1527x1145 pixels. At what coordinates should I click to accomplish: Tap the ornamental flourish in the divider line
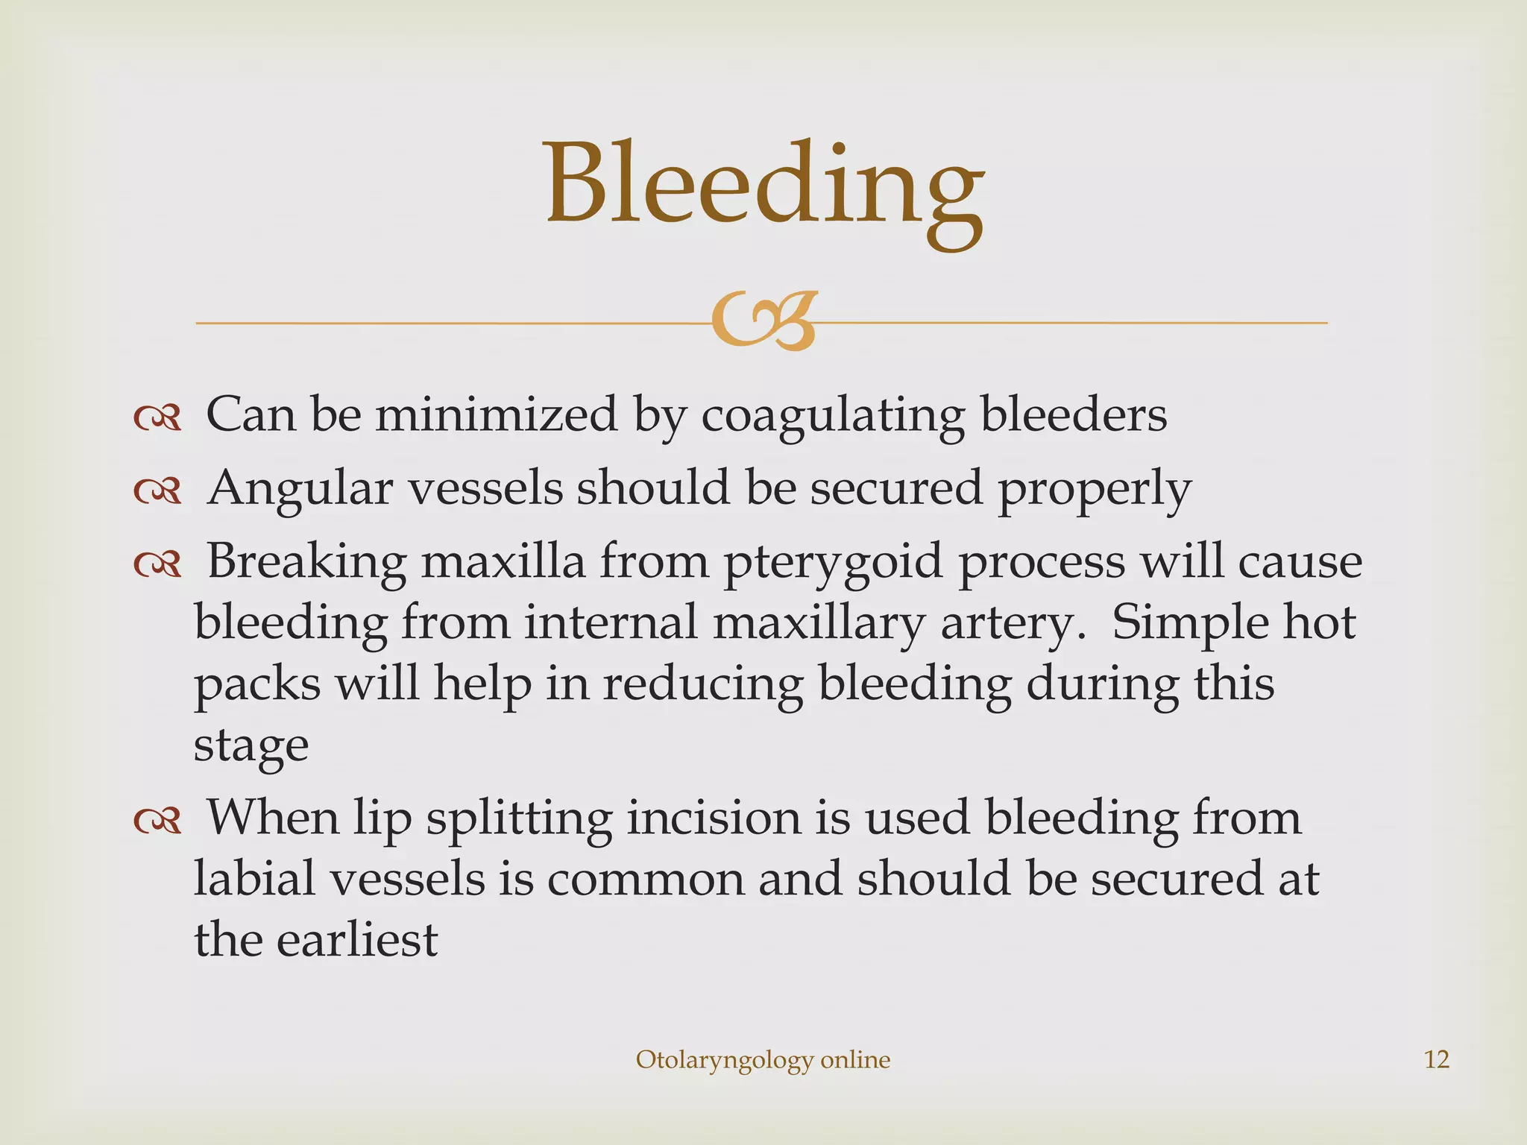point(764,321)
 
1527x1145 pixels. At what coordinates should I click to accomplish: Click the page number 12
point(1436,1059)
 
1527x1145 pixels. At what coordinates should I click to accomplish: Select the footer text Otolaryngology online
point(763,1060)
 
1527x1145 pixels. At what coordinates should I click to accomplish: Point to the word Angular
point(300,490)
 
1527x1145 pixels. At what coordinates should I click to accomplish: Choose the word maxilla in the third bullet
point(503,561)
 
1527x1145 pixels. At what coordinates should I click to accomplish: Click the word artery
point(1012,624)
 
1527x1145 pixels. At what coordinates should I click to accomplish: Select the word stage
point(251,746)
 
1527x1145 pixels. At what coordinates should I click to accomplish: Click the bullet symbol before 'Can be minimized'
point(157,418)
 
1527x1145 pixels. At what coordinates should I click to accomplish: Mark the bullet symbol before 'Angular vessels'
point(157,491)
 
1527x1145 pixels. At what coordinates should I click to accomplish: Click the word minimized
point(497,414)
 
